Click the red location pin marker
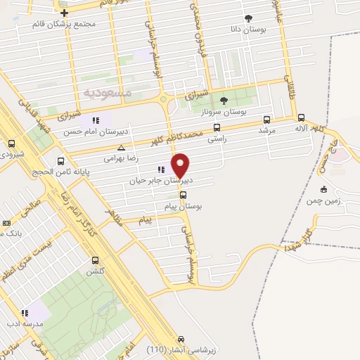(181, 165)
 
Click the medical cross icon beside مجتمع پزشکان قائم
(65, 13)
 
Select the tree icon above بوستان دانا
(247, 18)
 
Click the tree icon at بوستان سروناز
(224, 101)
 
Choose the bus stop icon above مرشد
(266, 120)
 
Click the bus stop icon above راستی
(216, 128)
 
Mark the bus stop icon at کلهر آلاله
(302, 118)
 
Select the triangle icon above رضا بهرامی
(122, 148)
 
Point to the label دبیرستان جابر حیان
(160, 180)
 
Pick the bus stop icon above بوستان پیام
(183, 195)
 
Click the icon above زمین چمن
(323, 188)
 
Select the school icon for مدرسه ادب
(25, 313)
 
